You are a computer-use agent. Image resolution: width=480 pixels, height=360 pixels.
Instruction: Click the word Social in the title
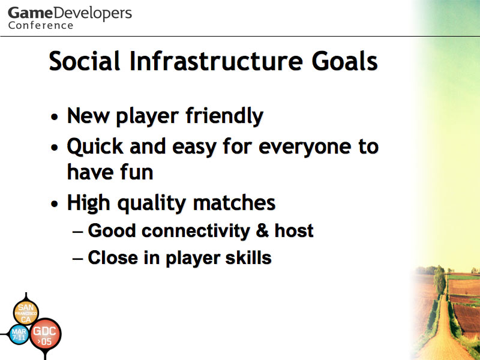(x=84, y=61)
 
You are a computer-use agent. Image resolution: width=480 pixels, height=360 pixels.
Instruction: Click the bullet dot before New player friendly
(x=55, y=117)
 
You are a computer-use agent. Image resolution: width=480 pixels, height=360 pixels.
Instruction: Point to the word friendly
(x=224, y=116)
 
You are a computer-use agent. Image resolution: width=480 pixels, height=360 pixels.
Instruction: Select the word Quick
(x=95, y=146)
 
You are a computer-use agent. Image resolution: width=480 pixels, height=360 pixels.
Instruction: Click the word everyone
(x=305, y=147)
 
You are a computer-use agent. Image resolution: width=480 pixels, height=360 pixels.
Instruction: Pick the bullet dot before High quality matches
(x=55, y=203)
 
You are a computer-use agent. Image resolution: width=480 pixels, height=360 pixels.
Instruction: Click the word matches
(x=234, y=203)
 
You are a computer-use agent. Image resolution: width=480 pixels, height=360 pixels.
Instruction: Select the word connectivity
(x=196, y=230)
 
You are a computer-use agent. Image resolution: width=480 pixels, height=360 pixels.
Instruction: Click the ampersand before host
(x=262, y=230)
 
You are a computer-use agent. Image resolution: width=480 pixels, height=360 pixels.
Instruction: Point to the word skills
(x=248, y=257)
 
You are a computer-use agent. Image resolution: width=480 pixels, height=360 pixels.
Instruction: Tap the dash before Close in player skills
(x=78, y=259)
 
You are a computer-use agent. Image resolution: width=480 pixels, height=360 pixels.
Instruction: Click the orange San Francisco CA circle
(x=26, y=313)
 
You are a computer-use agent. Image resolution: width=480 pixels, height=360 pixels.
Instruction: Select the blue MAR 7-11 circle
(x=19, y=335)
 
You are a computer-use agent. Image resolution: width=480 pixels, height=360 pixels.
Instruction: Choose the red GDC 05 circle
(x=45, y=334)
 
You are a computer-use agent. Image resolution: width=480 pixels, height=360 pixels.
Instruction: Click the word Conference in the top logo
(x=41, y=25)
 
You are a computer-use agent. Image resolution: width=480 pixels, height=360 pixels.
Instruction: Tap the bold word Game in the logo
(x=31, y=13)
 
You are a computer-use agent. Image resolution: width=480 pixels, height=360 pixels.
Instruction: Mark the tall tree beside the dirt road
(x=440, y=280)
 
